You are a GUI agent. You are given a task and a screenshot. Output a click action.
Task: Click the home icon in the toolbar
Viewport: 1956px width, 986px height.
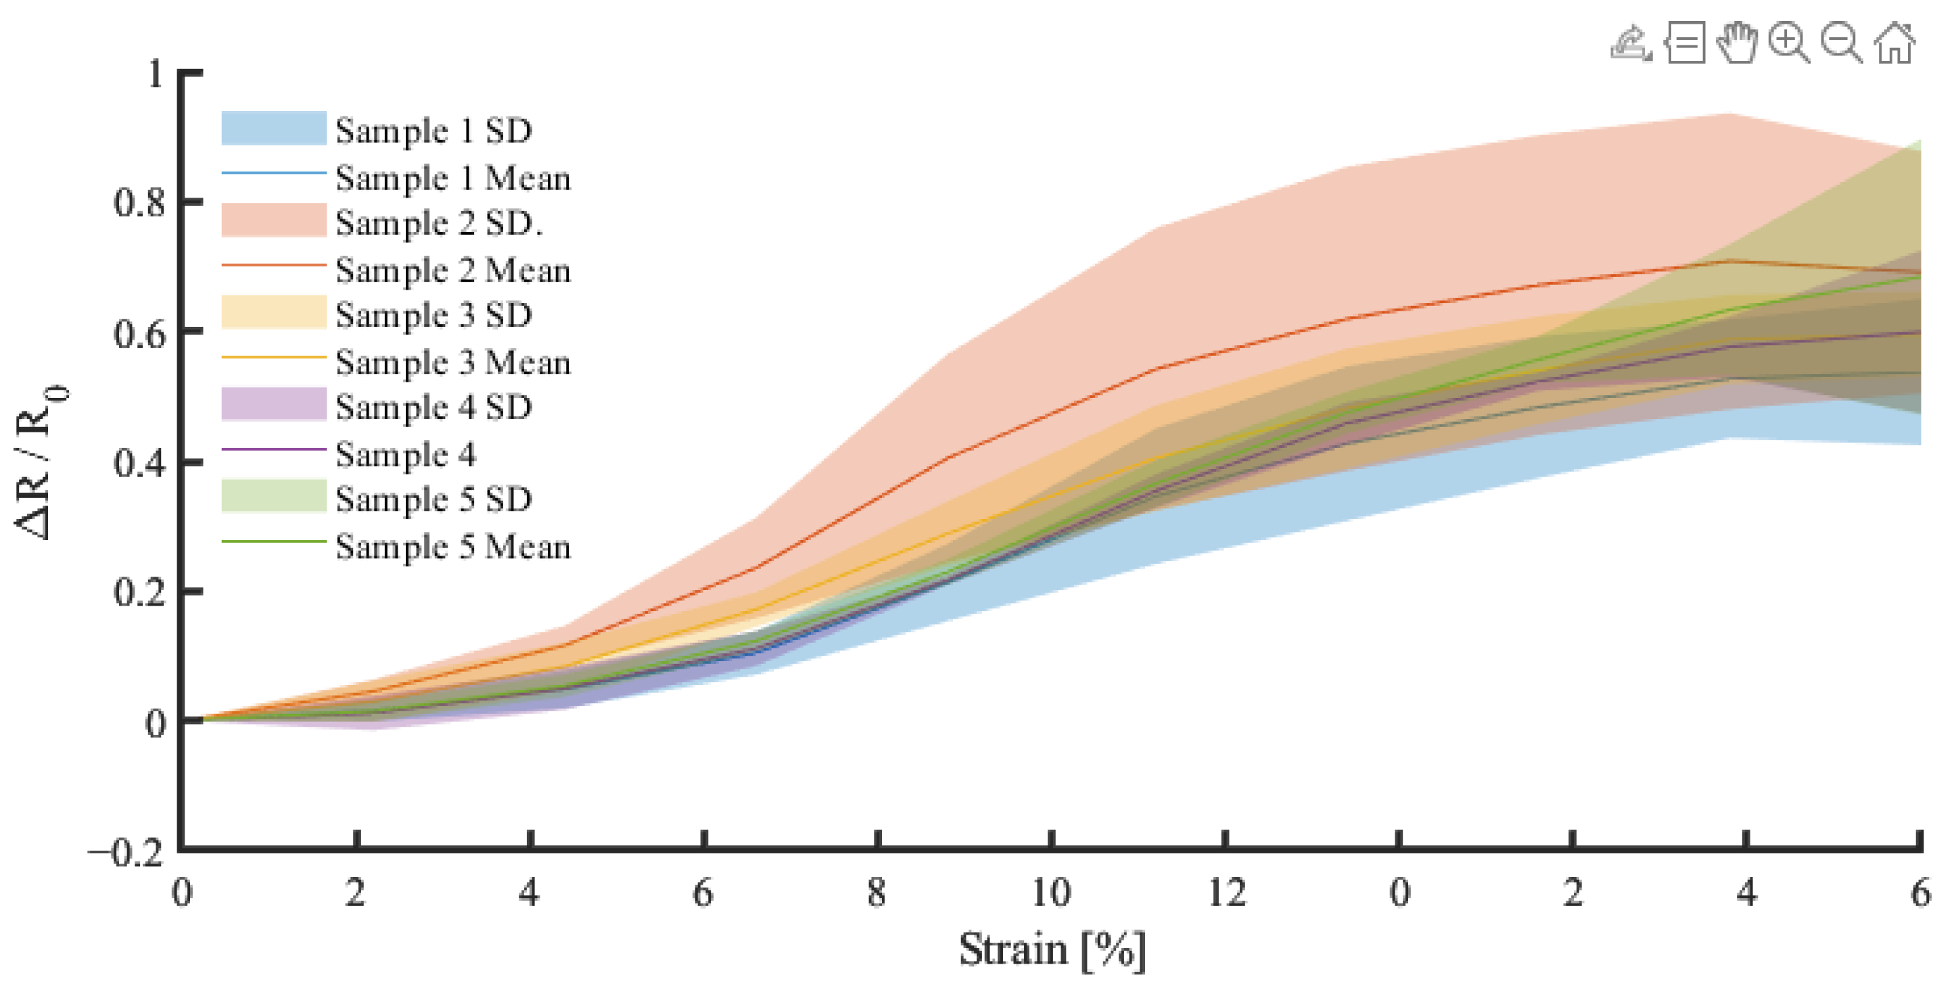(x=1894, y=43)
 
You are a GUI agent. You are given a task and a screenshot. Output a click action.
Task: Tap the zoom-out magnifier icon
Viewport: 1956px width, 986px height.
(x=1840, y=43)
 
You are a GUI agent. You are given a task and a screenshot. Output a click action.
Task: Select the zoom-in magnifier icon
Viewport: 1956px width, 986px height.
(x=1788, y=43)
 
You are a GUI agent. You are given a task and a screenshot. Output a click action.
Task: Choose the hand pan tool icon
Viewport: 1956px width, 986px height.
(x=1737, y=43)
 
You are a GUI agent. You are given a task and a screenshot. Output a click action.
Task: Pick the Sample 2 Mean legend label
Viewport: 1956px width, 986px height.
(x=452, y=271)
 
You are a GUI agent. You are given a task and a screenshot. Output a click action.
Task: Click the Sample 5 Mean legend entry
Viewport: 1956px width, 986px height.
(x=452, y=547)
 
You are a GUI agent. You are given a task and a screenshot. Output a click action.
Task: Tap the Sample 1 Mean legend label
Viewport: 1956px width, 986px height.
(x=452, y=179)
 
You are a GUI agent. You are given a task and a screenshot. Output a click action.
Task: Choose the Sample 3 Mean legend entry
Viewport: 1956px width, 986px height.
(x=452, y=362)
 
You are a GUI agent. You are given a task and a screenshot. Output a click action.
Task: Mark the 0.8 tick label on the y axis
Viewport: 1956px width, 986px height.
(x=139, y=203)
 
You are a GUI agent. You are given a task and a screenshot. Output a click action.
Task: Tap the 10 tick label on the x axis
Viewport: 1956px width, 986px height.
(x=1051, y=893)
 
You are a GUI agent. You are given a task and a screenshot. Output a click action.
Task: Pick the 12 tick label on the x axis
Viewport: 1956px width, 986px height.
(x=1226, y=893)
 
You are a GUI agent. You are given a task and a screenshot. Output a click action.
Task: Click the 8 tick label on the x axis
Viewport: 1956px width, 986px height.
(x=877, y=893)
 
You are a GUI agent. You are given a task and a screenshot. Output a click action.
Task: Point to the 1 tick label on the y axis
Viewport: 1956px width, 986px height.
(x=156, y=74)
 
